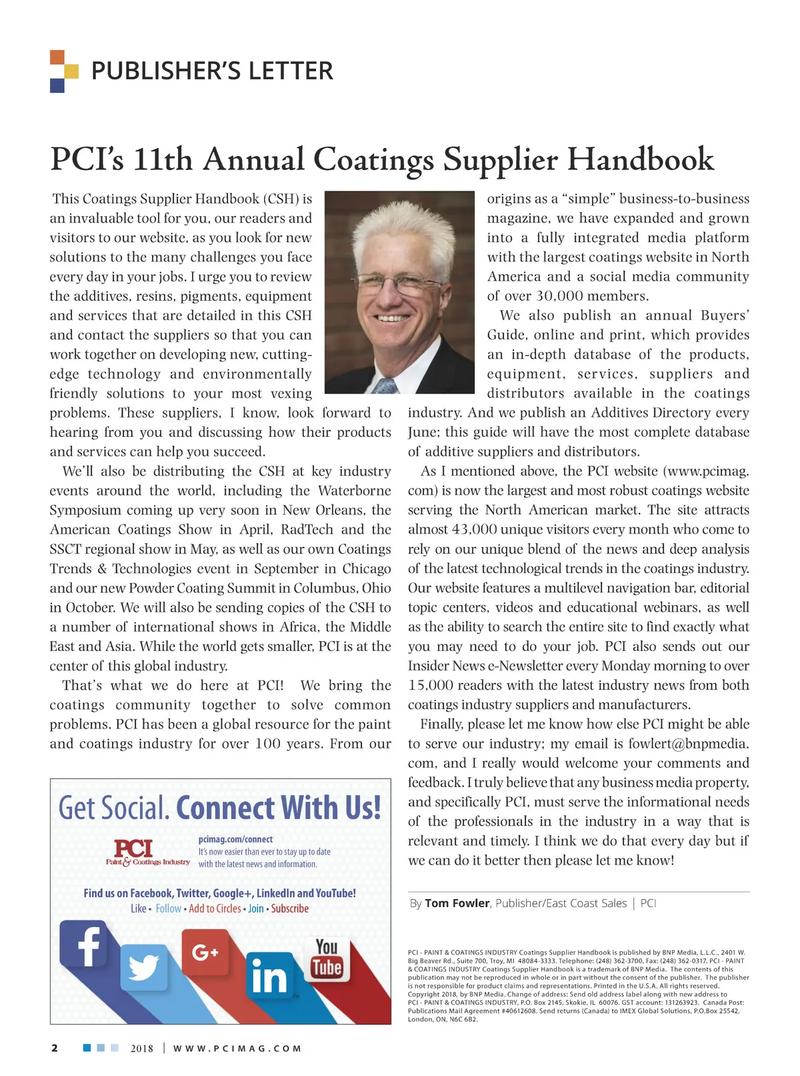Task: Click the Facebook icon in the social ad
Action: click(x=84, y=943)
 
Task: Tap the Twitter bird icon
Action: click(x=144, y=967)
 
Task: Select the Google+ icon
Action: click(x=205, y=953)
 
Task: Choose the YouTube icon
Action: click(x=327, y=959)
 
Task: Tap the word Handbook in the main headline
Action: click(x=640, y=160)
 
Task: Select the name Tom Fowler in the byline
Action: click(x=457, y=903)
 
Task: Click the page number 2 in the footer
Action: click(x=55, y=1048)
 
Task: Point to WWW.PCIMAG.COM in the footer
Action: click(x=237, y=1049)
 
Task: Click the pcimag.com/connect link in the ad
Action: click(x=235, y=839)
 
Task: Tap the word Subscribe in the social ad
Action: click(x=290, y=909)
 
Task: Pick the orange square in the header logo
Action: click(x=57, y=57)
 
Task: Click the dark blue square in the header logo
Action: click(x=57, y=85)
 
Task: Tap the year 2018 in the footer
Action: click(x=142, y=1049)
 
